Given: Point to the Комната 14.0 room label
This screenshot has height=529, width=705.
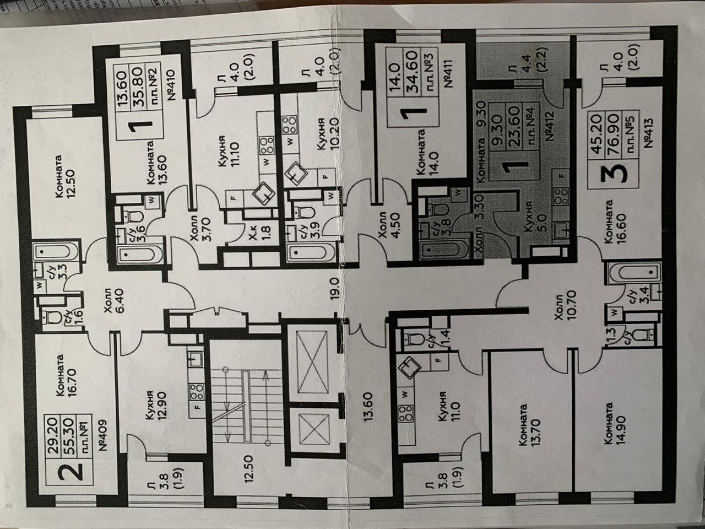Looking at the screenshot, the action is click(x=428, y=154).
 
